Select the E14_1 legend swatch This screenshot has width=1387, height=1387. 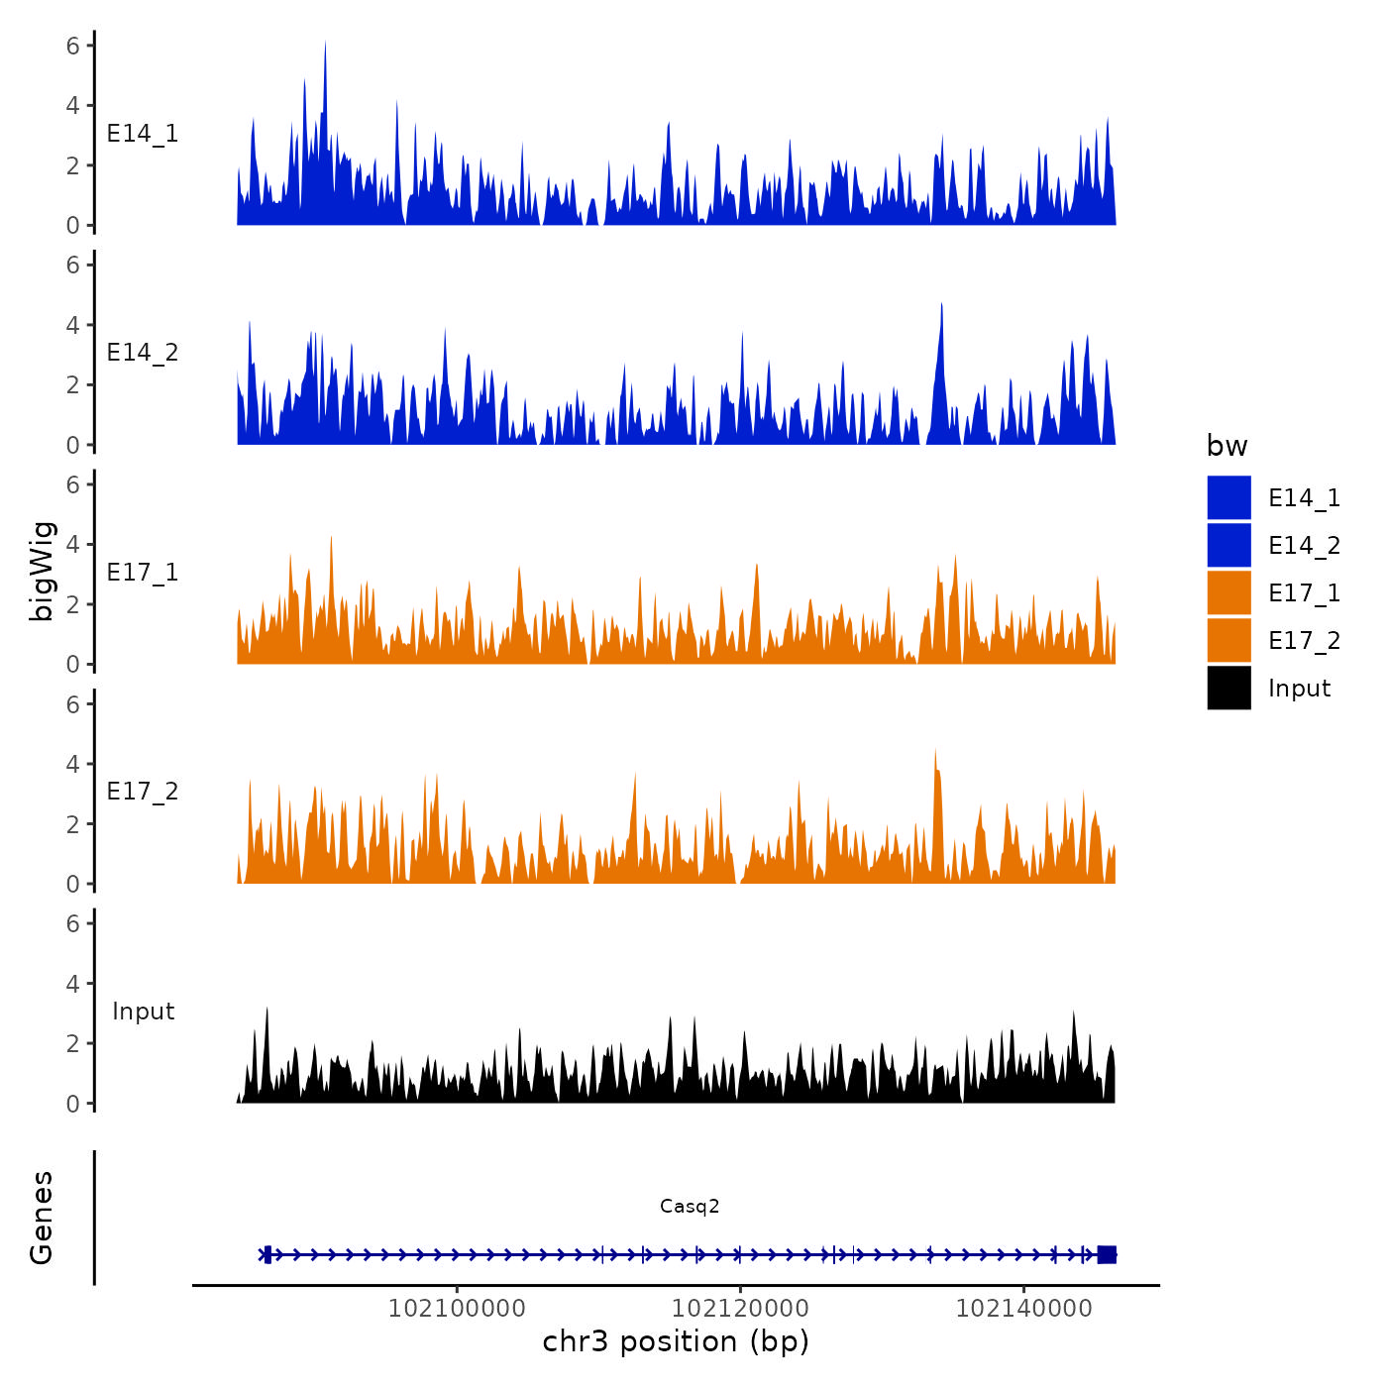pyautogui.click(x=1228, y=497)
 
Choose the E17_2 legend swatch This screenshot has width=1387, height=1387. pyautogui.click(x=1228, y=640)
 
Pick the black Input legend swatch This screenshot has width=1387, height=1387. pyautogui.click(x=1228, y=688)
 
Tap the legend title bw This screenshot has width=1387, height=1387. pyautogui.click(x=1227, y=446)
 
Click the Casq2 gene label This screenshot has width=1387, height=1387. pyautogui.click(x=690, y=1206)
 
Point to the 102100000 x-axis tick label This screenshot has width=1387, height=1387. pyautogui.click(x=457, y=1308)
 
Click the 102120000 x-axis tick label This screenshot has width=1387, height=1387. pyautogui.click(x=740, y=1308)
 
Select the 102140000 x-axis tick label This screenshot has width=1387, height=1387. pyautogui.click(x=1023, y=1308)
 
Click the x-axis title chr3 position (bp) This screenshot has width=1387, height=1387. pyautogui.click(x=676, y=1341)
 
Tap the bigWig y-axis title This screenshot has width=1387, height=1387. pyautogui.click(x=43, y=572)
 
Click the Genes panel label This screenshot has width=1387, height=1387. pyautogui.click(x=42, y=1218)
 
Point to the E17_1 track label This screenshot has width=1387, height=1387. pyautogui.click(x=143, y=573)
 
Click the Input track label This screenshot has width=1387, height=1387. pyautogui.click(x=143, y=1012)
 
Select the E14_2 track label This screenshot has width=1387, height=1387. pyautogui.click(x=143, y=353)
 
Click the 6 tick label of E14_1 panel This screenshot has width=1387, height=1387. pyautogui.click(x=72, y=46)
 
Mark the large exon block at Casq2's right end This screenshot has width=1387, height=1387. pyautogui.click(x=1107, y=1254)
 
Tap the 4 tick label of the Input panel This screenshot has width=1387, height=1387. pyautogui.click(x=72, y=984)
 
